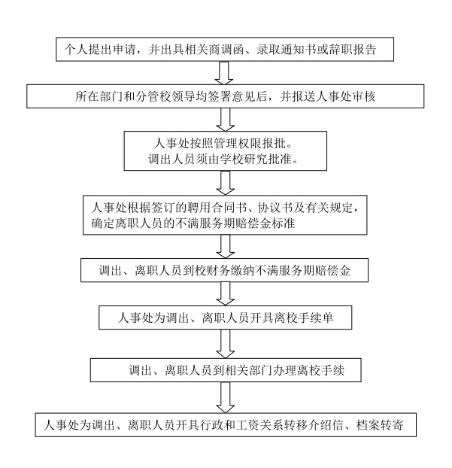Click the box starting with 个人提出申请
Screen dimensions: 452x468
(225, 49)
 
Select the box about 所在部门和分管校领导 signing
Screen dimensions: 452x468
(226, 96)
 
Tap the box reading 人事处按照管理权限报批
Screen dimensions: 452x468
(226, 150)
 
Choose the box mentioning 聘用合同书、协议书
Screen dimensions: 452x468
(225, 215)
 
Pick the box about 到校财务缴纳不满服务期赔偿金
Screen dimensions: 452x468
(224, 270)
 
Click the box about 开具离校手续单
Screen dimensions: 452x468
(226, 318)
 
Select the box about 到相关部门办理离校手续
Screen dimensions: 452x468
(226, 370)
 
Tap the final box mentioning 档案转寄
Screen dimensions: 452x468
(226, 424)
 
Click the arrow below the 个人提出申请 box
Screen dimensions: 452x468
(224, 73)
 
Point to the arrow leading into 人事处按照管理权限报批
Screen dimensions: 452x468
(226, 120)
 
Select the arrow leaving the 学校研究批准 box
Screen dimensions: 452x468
(226, 183)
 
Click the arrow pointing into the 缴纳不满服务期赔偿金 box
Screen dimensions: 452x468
(226, 246)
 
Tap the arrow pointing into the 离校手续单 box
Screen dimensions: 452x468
(226, 293)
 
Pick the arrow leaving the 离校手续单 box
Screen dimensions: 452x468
(226, 344)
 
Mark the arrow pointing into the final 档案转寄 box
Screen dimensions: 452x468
(226, 397)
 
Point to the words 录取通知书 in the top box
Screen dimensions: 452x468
(287, 49)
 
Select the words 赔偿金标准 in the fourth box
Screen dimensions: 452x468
(265, 223)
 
